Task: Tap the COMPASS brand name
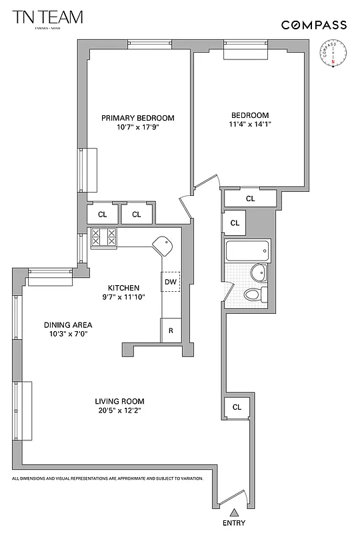point(313,25)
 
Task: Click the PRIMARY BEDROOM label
point(138,118)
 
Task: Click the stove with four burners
point(103,239)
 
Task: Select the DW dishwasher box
point(171,282)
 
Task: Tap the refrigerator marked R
point(171,330)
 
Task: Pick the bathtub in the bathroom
point(248,251)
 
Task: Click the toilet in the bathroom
point(255,294)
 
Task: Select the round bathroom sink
point(259,272)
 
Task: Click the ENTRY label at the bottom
point(234,524)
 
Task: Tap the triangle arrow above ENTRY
point(234,512)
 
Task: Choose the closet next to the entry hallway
point(237,406)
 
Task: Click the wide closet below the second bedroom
point(250,198)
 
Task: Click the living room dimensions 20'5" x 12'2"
point(119,411)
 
